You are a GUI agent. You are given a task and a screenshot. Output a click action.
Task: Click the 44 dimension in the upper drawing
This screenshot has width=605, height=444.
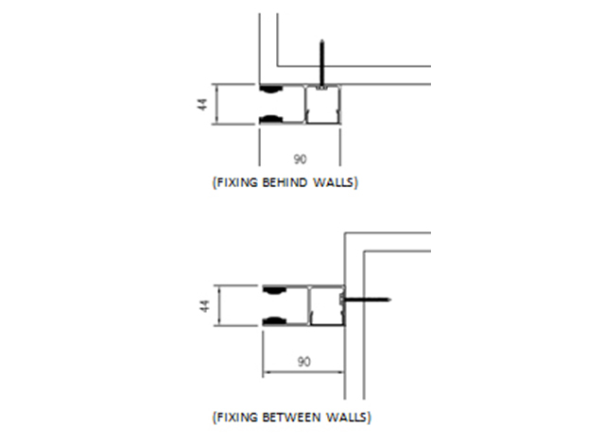point(202,105)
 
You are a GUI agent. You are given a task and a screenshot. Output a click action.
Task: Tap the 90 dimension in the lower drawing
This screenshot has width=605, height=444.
point(304,361)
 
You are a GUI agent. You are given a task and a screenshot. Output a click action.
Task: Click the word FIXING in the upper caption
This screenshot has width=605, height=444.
point(235,181)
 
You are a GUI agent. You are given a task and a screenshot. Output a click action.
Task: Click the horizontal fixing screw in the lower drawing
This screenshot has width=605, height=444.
point(369,299)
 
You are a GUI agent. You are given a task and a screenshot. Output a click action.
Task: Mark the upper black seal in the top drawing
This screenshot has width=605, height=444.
point(270,90)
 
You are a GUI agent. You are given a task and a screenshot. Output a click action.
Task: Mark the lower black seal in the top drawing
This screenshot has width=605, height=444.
point(270,119)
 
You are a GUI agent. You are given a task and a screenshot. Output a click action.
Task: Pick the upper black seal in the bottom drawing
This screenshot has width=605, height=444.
point(274,290)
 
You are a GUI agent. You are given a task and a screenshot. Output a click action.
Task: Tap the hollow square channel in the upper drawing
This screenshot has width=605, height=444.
point(322,104)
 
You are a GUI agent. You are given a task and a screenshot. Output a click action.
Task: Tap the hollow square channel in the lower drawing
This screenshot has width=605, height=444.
point(326,305)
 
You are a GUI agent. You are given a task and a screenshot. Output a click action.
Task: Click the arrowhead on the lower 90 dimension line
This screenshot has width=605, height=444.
point(267,371)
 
